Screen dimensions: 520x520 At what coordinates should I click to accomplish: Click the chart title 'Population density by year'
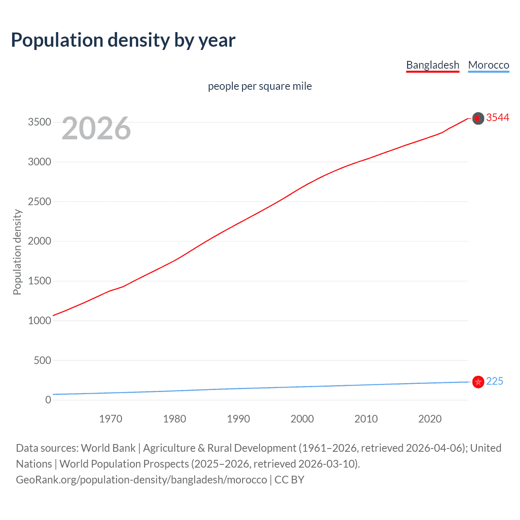[123, 40]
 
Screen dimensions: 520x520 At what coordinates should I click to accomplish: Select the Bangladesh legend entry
[433, 65]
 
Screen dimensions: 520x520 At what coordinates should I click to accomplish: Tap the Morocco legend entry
[488, 65]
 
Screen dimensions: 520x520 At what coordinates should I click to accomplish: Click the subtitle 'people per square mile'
[260, 86]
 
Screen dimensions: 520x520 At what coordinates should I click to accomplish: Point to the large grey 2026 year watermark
[96, 128]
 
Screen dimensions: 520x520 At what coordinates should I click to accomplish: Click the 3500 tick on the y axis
[39, 122]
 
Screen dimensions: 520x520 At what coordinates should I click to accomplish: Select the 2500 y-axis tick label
[39, 201]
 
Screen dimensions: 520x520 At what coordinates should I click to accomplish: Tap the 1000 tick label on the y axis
[39, 321]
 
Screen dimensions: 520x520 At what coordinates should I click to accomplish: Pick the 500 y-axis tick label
[42, 360]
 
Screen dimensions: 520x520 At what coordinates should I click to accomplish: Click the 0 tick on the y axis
[48, 400]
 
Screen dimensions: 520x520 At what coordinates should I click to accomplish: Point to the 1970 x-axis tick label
[110, 419]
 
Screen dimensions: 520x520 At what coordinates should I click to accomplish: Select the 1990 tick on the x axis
[238, 419]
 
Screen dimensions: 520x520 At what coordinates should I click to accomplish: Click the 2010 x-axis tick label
[366, 419]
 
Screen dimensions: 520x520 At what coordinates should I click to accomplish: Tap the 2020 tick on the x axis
[430, 419]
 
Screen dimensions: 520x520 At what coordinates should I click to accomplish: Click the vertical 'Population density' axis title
[17, 252]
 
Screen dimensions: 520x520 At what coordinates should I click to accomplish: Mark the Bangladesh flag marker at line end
[478, 118]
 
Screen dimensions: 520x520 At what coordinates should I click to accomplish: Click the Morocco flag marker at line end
[478, 382]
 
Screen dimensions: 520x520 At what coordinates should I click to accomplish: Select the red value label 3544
[498, 117]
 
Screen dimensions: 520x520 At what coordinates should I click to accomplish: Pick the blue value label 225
[494, 381]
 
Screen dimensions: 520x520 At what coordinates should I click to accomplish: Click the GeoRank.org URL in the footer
[141, 480]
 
